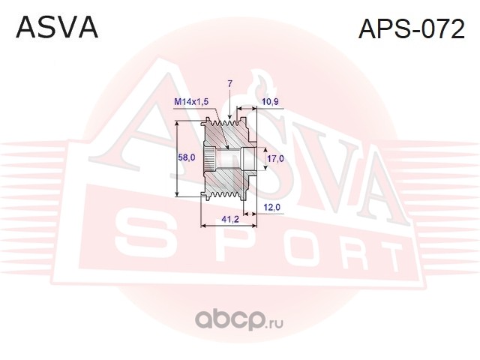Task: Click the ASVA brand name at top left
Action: click(x=57, y=28)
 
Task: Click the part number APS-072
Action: click(x=411, y=29)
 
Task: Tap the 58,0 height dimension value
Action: click(x=187, y=158)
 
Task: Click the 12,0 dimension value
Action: click(x=272, y=207)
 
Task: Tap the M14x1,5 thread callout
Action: click(x=190, y=100)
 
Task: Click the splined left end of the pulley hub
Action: click(x=208, y=159)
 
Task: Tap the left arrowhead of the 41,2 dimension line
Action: click(x=203, y=224)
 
